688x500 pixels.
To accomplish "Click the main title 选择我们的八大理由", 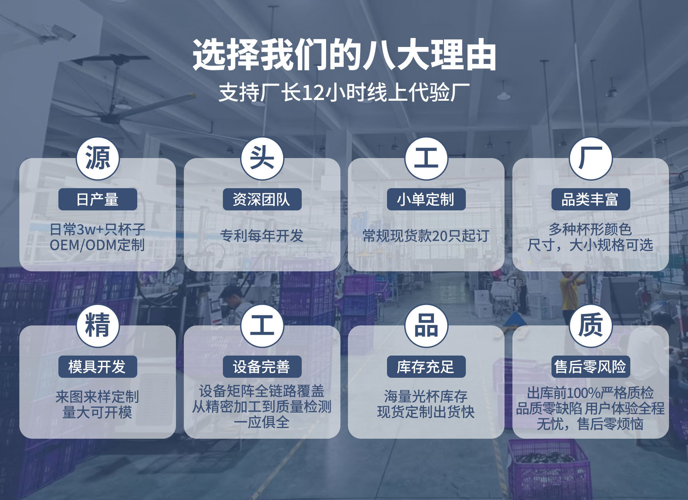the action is tap(344, 56).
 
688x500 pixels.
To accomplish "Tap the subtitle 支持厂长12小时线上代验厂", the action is tap(344, 92).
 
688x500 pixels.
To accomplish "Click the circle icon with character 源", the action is tap(97, 159).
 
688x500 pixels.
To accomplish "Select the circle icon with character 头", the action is tap(262, 159).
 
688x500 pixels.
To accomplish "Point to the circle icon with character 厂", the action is tap(590, 159).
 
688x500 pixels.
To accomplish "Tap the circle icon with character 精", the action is tap(97, 326).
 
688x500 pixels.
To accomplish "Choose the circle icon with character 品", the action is tap(426, 326).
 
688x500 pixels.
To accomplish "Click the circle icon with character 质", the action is tap(590, 326).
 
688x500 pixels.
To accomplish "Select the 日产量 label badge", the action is tap(97, 199).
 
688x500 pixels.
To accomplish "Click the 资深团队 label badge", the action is tap(262, 199).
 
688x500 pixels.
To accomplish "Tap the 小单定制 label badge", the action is tap(426, 199).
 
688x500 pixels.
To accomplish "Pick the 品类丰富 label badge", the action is tap(590, 199).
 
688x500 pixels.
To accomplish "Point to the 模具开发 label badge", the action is tap(97, 366).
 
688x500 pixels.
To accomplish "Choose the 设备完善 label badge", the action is tap(262, 366).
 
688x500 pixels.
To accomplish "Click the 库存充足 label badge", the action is tap(426, 366).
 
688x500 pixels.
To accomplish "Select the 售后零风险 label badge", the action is tap(590, 366).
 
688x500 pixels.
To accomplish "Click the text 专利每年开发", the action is tap(262, 236).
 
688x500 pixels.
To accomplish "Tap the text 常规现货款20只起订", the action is tap(426, 236).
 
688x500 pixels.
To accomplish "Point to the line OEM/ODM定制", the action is tap(97, 245).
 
